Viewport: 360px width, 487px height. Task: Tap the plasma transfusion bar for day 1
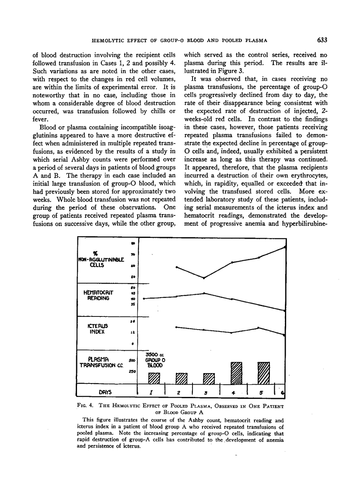click(154, 378)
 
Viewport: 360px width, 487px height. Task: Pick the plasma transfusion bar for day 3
click(209, 379)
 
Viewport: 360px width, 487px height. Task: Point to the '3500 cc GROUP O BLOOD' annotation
click(153, 360)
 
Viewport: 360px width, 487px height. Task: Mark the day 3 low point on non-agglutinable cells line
click(204, 278)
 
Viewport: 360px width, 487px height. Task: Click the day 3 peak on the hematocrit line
click(204, 293)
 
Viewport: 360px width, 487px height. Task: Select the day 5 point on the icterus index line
click(259, 328)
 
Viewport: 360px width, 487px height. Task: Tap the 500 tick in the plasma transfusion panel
click(133, 360)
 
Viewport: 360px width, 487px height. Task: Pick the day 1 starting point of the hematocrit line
click(144, 298)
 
